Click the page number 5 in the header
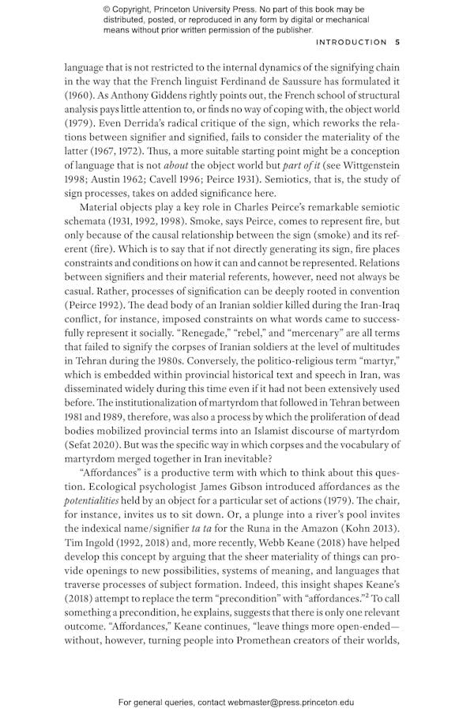click(x=397, y=42)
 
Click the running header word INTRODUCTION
click(x=352, y=42)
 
